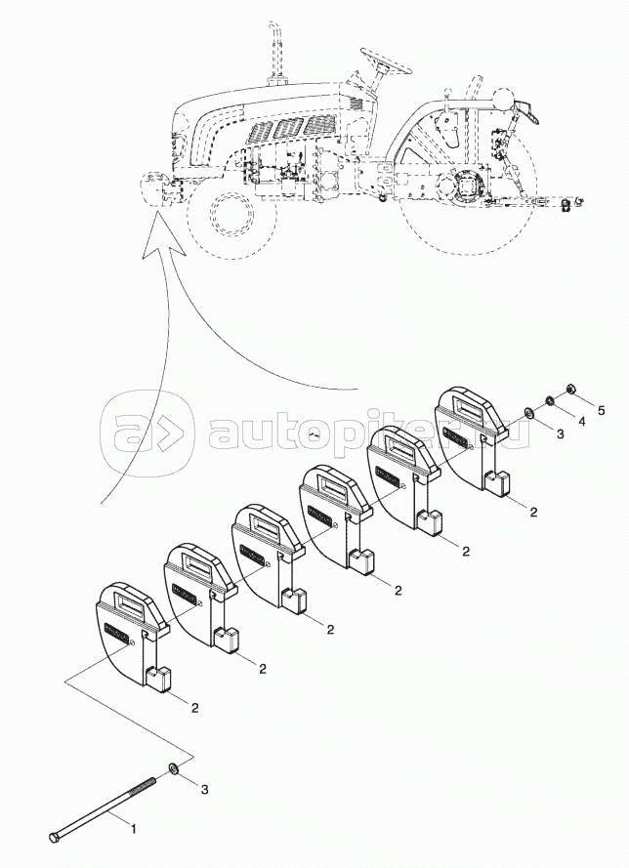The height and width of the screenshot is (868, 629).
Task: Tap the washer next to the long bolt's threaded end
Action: [173, 766]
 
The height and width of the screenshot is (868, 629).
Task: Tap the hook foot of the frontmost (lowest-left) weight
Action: [160, 682]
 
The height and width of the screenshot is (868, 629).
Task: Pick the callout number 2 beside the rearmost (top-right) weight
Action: [534, 511]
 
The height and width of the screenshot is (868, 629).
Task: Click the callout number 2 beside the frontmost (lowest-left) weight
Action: [195, 706]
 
